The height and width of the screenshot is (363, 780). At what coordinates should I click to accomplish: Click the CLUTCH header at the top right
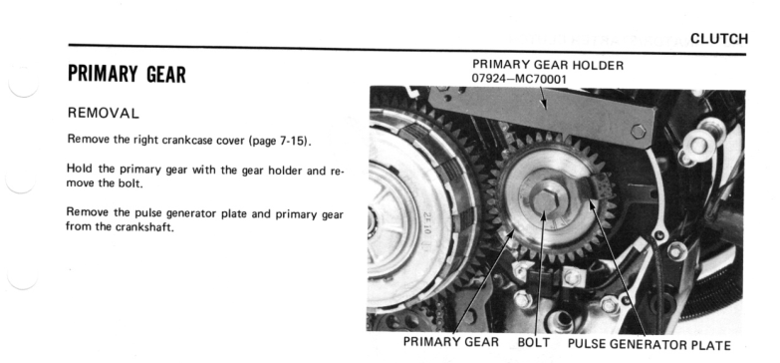click(719, 39)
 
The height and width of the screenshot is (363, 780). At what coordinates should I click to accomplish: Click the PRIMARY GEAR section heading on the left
click(127, 74)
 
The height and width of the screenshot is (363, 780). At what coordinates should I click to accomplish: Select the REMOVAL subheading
click(103, 114)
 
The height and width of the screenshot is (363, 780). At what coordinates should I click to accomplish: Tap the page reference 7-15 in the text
click(291, 141)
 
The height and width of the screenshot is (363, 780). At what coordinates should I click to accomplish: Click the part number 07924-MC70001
click(519, 79)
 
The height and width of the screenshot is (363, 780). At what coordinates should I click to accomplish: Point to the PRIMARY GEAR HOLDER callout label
click(548, 65)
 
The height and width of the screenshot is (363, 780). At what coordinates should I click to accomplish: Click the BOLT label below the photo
click(534, 343)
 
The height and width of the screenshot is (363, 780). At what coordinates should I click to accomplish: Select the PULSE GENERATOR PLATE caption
click(650, 345)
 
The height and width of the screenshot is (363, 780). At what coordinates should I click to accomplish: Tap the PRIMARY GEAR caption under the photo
click(450, 342)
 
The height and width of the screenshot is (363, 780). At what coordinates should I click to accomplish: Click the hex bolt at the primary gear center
click(545, 197)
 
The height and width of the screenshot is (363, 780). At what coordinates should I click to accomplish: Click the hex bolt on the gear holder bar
click(638, 132)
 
